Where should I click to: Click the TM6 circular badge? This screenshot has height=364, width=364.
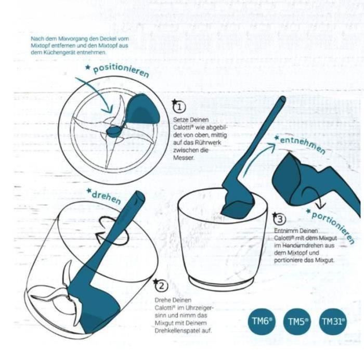262,321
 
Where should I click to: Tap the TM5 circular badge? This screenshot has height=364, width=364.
297,322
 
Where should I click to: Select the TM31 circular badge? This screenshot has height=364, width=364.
333,322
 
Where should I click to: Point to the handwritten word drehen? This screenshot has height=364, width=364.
106,195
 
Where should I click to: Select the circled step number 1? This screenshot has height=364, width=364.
178,107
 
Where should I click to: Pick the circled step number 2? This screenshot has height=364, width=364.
162,285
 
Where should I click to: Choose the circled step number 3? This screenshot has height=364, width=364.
279,219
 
